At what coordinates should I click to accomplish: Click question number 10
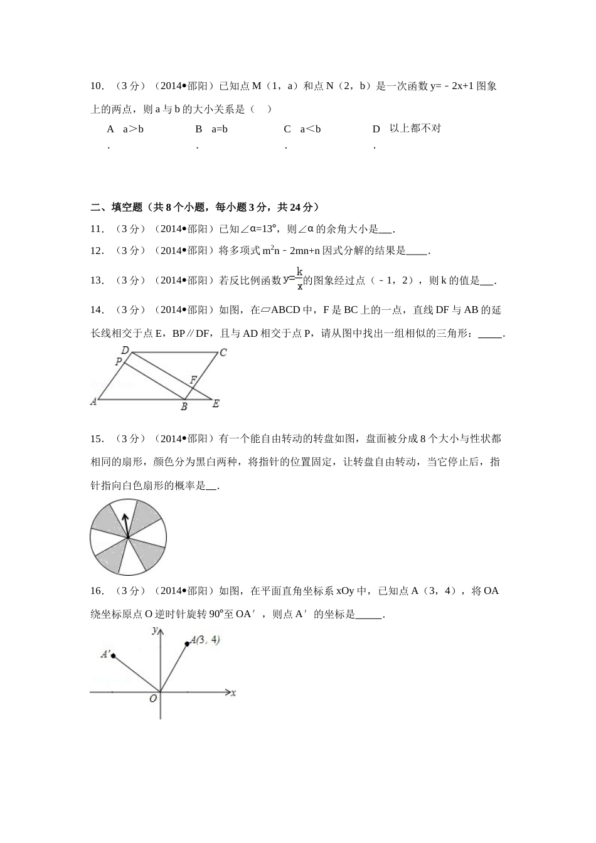pyautogui.click(x=97, y=86)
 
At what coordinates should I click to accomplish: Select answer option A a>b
pyautogui.click(x=125, y=129)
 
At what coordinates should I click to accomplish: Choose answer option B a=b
pyautogui.click(x=211, y=129)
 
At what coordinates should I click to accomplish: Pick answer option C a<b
pyautogui.click(x=302, y=129)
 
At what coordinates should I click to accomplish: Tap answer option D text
pyautogui.click(x=415, y=129)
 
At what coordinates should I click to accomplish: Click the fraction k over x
pyautogui.click(x=300, y=279)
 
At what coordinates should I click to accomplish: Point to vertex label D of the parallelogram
pyautogui.click(x=125, y=350)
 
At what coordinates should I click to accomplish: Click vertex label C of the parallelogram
pyautogui.click(x=223, y=353)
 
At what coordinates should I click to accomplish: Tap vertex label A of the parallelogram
pyautogui.click(x=93, y=401)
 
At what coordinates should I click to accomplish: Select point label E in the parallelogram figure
pyautogui.click(x=216, y=403)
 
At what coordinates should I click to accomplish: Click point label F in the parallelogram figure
pyautogui.click(x=193, y=380)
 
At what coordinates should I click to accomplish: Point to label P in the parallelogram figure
pyautogui.click(x=118, y=362)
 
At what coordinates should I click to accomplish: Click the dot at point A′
pyautogui.click(x=113, y=655)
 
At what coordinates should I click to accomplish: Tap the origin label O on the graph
pyautogui.click(x=152, y=699)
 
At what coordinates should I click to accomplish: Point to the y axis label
pyautogui.click(x=154, y=631)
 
